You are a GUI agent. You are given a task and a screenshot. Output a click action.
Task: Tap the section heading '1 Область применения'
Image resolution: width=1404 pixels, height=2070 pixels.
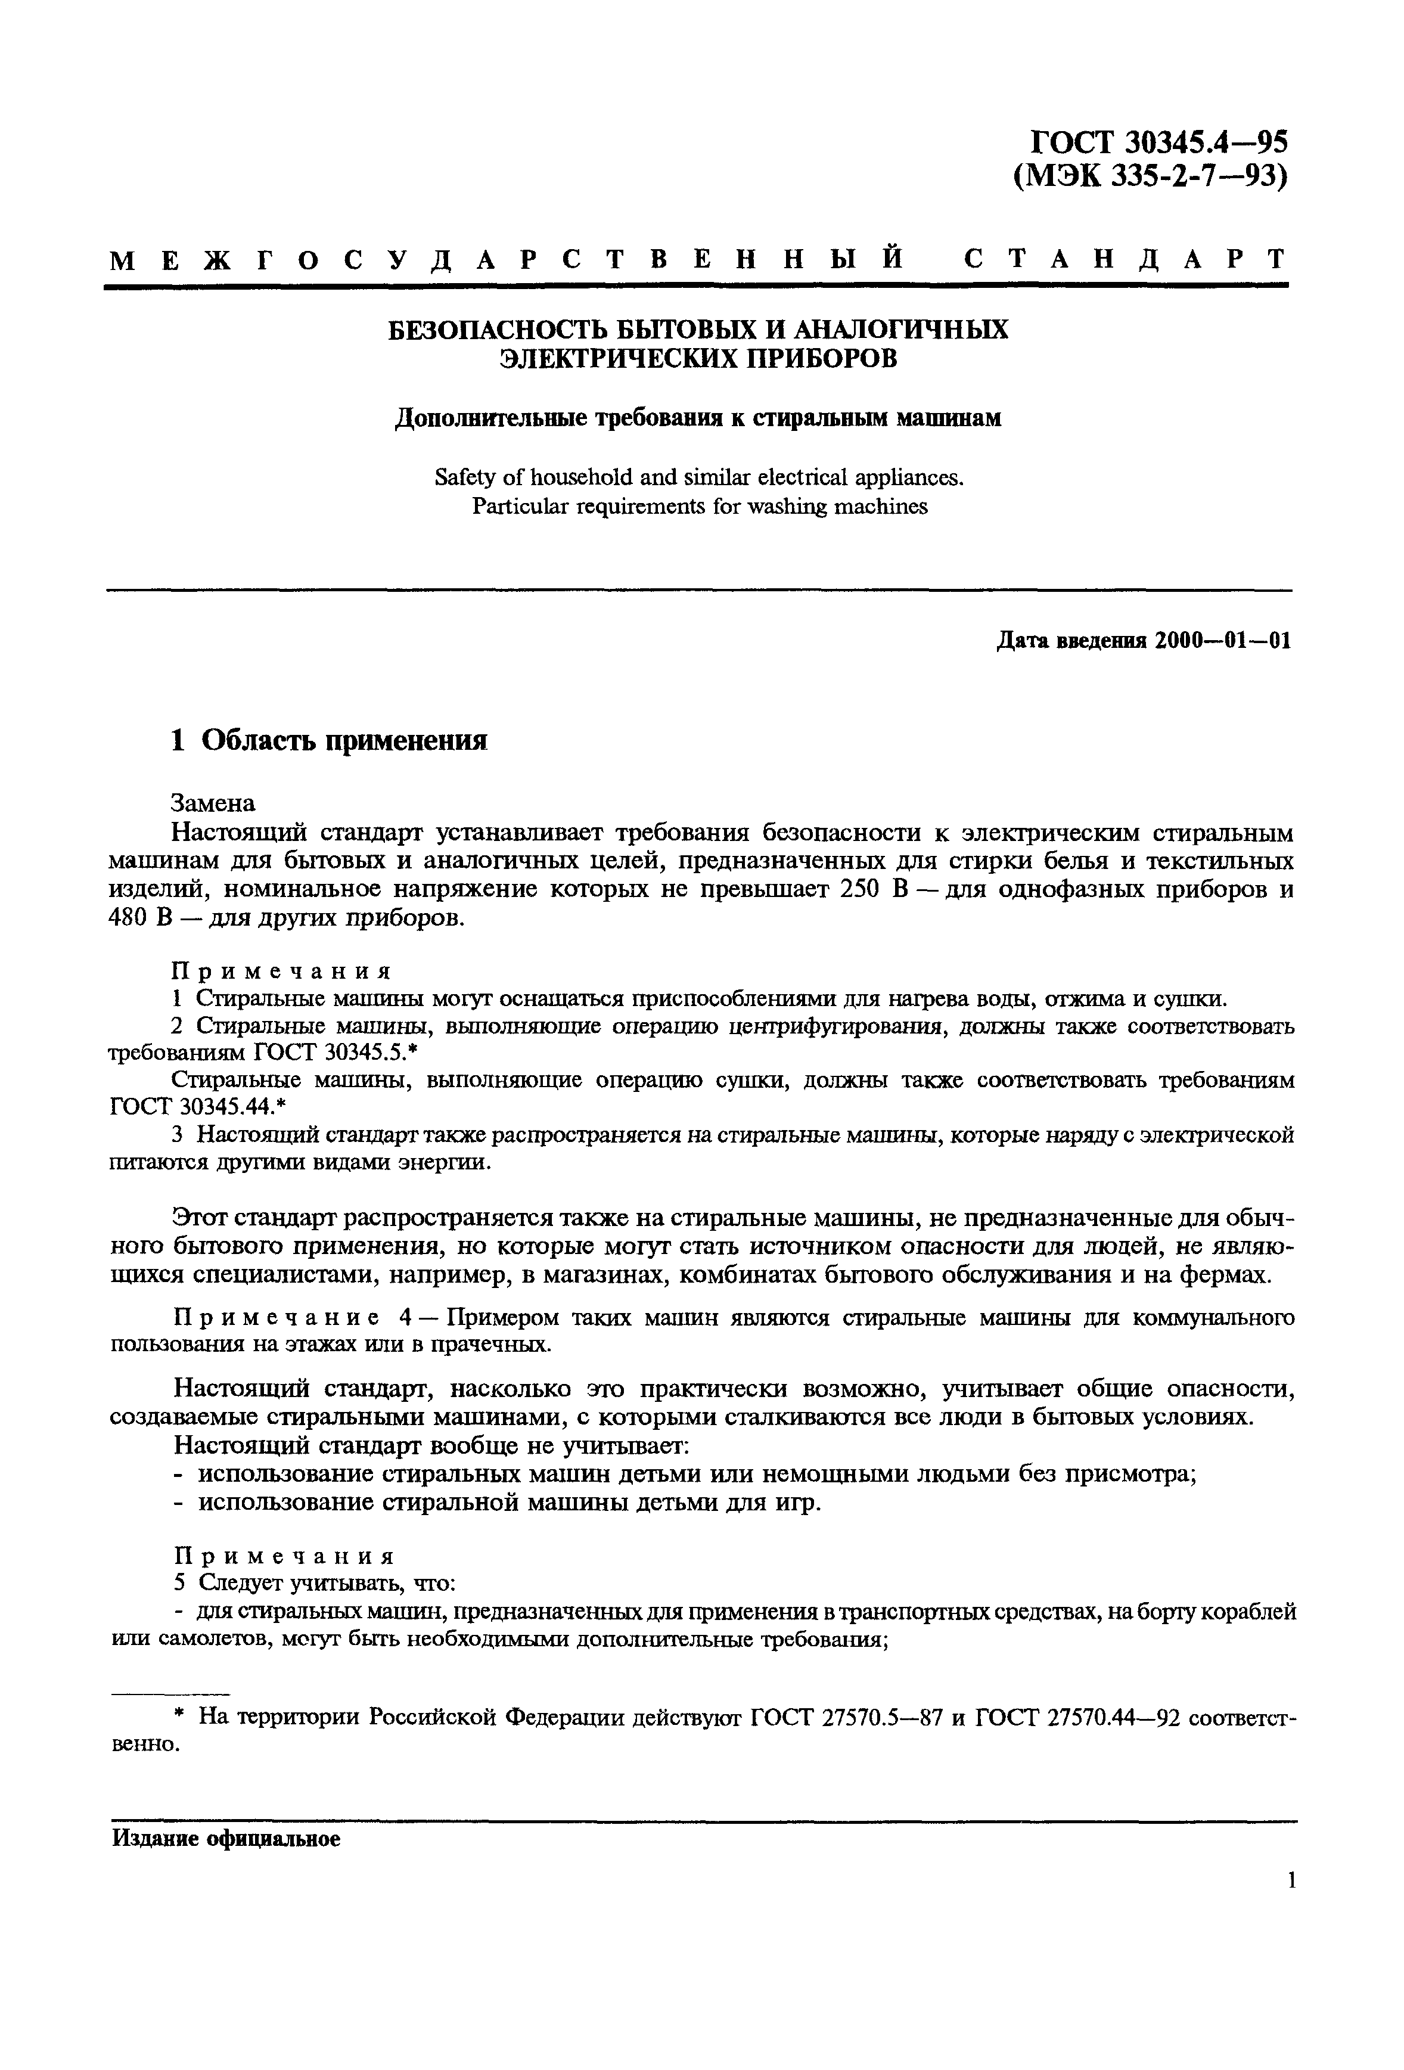tap(330, 740)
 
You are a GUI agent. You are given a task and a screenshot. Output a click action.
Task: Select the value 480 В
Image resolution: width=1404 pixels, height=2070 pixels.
tap(139, 917)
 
